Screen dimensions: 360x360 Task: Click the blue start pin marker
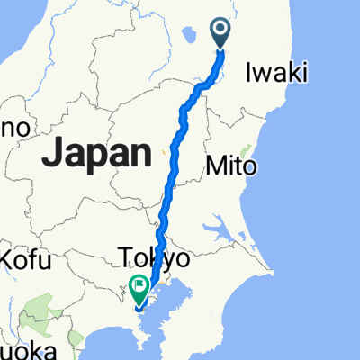coord(222,35)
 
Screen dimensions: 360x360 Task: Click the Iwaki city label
coord(274,73)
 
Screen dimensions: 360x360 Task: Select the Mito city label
coord(232,166)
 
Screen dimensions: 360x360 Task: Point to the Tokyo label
coord(154,260)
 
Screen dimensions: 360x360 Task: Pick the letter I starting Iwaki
coord(247,73)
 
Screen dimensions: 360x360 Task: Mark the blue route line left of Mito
coord(171,166)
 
